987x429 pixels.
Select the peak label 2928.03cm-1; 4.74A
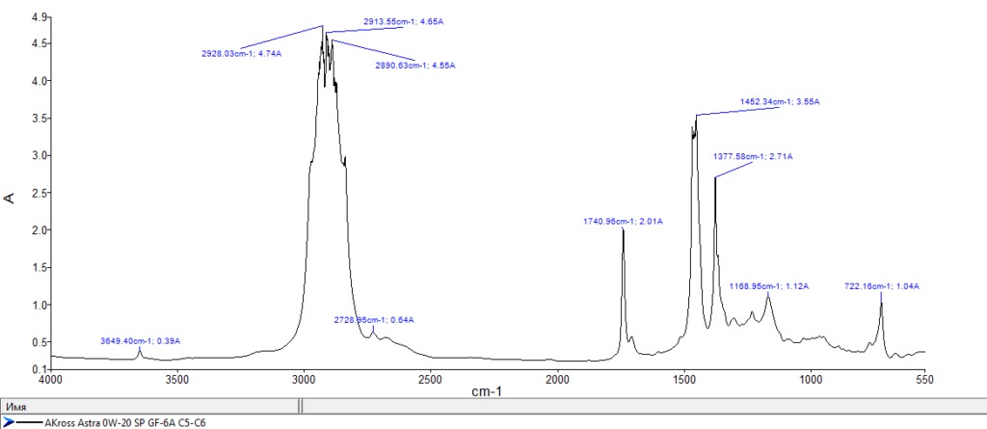[241, 54]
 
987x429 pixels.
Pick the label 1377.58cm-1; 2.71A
[753, 156]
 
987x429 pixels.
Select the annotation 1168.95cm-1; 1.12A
[768, 286]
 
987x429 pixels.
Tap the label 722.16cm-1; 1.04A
[881, 286]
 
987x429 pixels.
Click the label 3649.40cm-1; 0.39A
[141, 341]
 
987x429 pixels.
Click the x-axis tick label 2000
[556, 379]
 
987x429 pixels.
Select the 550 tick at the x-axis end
[924, 379]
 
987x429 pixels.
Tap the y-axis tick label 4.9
[40, 17]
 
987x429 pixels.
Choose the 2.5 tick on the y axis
[40, 193]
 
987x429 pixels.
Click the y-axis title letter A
[11, 198]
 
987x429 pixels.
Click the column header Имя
[15, 407]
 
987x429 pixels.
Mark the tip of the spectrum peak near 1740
[623, 229]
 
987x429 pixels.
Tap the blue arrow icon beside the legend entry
[8, 422]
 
